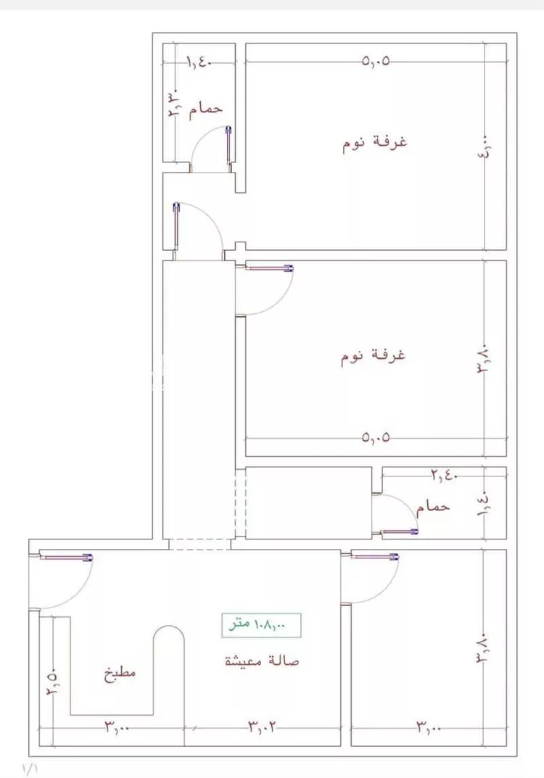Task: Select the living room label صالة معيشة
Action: (x=262, y=661)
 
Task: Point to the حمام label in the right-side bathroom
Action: (x=433, y=505)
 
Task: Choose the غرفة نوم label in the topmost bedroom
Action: (x=374, y=142)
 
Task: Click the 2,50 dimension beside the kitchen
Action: (x=52, y=681)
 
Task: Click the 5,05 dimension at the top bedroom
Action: (x=376, y=62)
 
